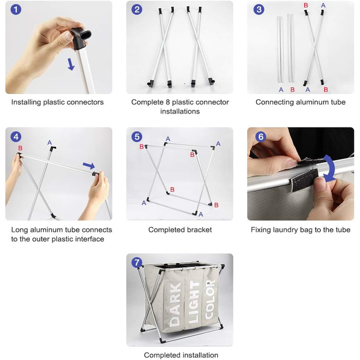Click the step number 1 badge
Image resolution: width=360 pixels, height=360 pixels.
16,10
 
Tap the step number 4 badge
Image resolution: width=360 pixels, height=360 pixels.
16,137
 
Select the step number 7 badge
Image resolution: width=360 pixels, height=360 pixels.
137,262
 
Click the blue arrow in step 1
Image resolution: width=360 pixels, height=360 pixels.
71,64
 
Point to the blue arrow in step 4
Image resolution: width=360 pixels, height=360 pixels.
89,166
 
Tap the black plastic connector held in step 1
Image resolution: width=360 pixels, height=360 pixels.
81,38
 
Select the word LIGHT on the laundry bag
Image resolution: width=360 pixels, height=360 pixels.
194,302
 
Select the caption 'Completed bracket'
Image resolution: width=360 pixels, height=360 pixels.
180,229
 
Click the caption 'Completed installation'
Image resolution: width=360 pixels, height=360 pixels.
181,355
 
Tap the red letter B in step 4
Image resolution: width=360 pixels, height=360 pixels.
20,148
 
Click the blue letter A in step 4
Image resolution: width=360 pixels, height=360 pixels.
49,142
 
